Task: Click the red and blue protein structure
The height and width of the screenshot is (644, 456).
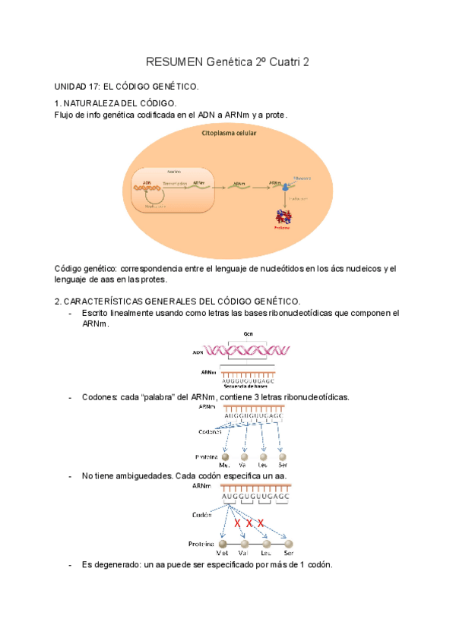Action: coord(283,217)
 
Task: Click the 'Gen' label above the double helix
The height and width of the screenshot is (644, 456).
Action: coord(248,333)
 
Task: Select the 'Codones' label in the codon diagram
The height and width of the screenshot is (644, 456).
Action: coord(210,431)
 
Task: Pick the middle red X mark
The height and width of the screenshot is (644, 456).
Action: coord(249,523)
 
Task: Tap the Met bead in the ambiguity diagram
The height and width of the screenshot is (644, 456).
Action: coord(222,544)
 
